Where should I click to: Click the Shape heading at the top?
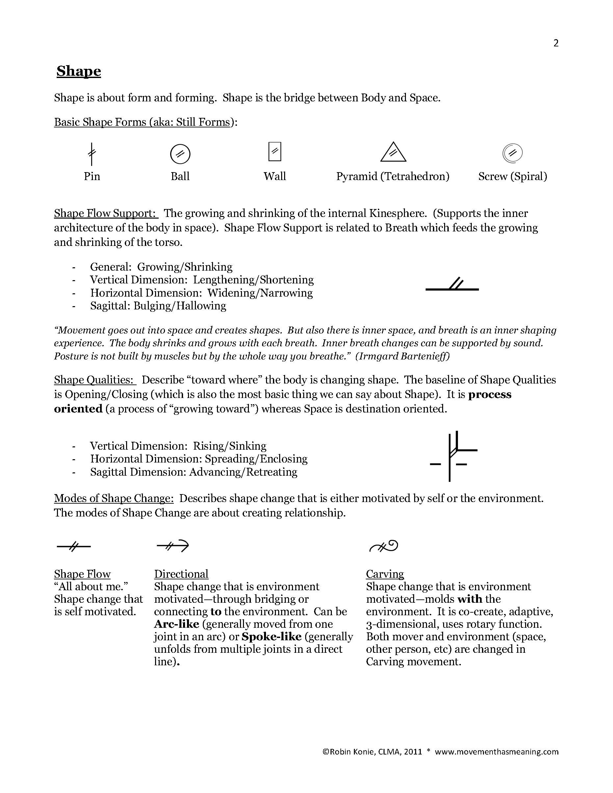pyautogui.click(x=78, y=71)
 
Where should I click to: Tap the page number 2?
pyautogui.click(x=556, y=43)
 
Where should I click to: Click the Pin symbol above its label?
pyautogui.click(x=92, y=154)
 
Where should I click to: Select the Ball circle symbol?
pyautogui.click(x=180, y=154)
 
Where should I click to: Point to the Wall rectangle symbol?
pyautogui.click(x=275, y=151)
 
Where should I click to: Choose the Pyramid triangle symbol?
pyautogui.click(x=393, y=152)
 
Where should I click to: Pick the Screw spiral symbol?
pyautogui.click(x=512, y=153)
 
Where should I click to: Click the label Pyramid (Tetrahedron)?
pyautogui.click(x=392, y=176)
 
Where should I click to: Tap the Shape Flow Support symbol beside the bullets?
pyautogui.click(x=452, y=285)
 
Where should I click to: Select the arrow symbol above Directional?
pyautogui.click(x=173, y=546)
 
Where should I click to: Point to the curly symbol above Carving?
pyautogui.click(x=384, y=546)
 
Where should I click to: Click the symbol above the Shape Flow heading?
pyautogui.click(x=74, y=546)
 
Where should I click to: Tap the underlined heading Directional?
pyautogui.click(x=181, y=574)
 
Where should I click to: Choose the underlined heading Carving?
pyautogui.click(x=385, y=574)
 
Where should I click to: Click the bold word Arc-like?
pyautogui.click(x=176, y=624)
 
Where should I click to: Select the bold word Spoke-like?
pyautogui.click(x=271, y=637)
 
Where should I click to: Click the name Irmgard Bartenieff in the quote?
pyautogui.click(x=402, y=356)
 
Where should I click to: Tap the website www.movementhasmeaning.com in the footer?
pyautogui.click(x=496, y=752)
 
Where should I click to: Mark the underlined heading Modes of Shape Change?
pyautogui.click(x=114, y=498)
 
